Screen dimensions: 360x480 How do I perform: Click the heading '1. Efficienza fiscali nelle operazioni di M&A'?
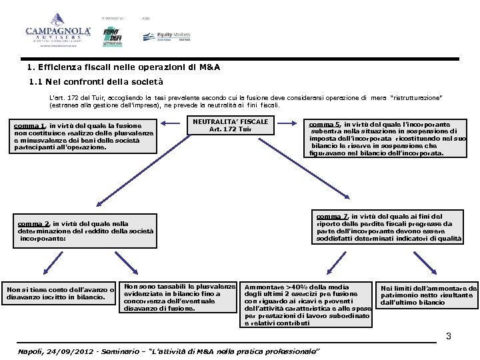[124, 68]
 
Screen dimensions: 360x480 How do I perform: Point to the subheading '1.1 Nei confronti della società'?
[97, 83]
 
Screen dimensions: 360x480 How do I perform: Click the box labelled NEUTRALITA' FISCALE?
[230, 126]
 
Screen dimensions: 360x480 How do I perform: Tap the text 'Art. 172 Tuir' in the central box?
[230, 129]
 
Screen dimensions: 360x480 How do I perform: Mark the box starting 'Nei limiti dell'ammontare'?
[427, 295]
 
